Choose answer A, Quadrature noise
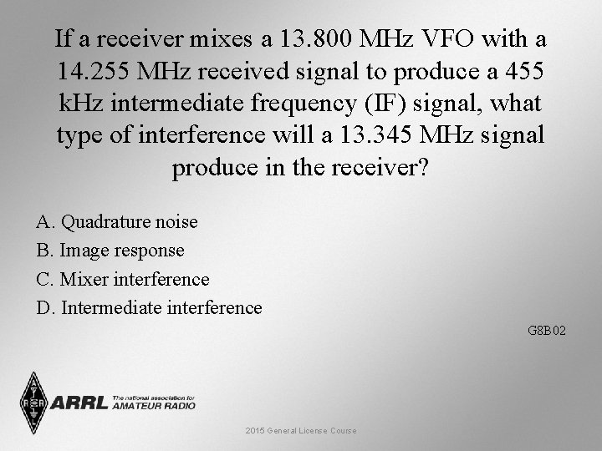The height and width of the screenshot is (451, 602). (x=117, y=222)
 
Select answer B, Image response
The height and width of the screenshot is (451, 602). (x=110, y=251)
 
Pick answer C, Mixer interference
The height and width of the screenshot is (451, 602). (x=123, y=279)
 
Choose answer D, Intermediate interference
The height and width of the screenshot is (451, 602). (x=149, y=307)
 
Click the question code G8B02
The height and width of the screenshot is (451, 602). (x=547, y=331)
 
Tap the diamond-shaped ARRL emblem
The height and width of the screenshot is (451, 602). (x=33, y=403)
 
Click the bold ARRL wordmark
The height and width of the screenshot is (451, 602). (x=79, y=403)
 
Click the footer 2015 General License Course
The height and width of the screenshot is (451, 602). (x=301, y=431)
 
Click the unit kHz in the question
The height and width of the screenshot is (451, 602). (x=80, y=104)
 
